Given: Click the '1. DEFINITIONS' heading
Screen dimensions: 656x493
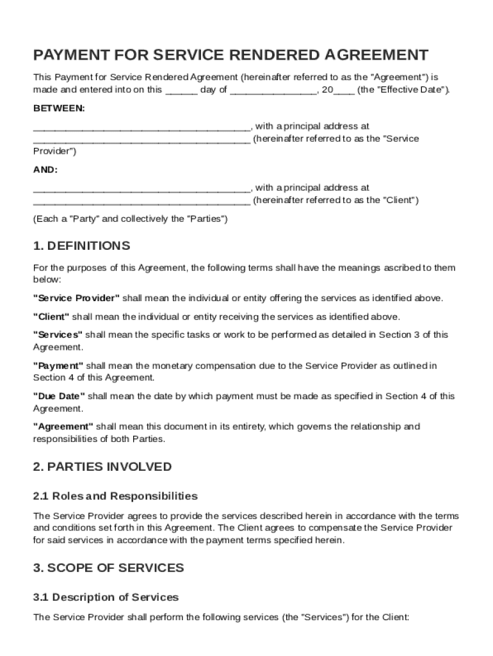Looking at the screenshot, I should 81,246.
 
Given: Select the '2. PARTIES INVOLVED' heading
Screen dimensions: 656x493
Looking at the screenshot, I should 102,466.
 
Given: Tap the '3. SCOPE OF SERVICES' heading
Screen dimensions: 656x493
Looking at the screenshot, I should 108,568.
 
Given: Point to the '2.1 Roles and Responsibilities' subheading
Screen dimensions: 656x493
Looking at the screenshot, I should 115,496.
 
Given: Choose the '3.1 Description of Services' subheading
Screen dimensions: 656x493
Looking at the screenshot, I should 106,597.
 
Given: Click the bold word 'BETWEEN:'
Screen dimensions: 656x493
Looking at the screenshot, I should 59,108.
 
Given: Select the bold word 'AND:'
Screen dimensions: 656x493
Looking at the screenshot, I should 45,170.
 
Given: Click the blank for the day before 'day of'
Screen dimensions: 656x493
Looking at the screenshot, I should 181,90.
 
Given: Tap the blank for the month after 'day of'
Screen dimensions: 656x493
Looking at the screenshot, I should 273,90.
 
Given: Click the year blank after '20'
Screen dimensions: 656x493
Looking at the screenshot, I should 344,90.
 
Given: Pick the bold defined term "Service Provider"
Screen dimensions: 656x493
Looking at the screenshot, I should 76,298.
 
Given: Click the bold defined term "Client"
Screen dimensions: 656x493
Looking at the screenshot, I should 51,316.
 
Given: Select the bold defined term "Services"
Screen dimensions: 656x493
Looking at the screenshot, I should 58,334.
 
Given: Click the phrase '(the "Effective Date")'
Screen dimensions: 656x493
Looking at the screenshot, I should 403,90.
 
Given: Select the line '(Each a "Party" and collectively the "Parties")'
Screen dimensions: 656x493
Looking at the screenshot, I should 130,218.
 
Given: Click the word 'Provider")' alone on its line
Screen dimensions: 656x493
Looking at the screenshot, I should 54,151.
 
